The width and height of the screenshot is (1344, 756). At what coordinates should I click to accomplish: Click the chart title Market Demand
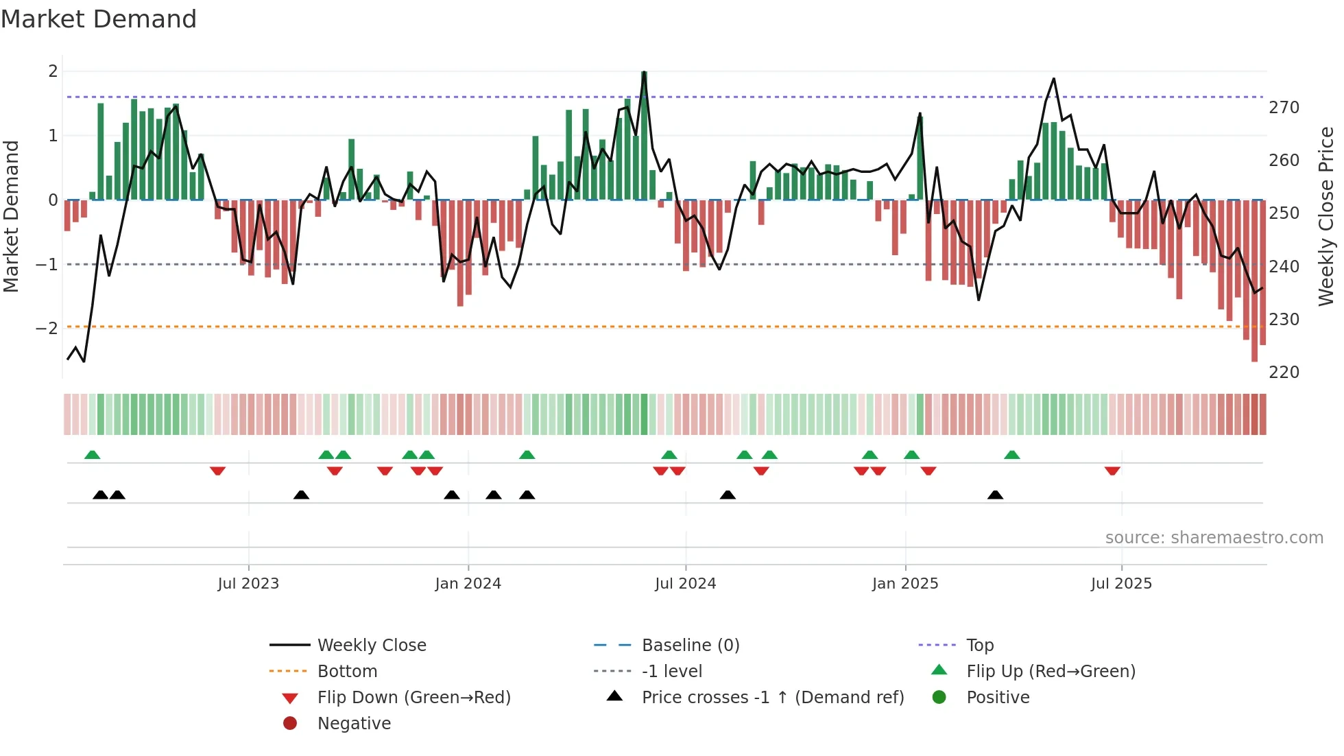coord(99,19)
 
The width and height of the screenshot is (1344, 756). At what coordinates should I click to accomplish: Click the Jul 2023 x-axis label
coord(248,584)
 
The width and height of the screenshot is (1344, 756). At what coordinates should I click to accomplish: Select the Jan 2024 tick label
coord(468,584)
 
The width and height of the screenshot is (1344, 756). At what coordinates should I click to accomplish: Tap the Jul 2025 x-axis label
coord(1121,584)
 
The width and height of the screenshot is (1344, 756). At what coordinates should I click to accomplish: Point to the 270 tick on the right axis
coord(1284,108)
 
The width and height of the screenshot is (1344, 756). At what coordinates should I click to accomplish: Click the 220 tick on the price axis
coord(1284,373)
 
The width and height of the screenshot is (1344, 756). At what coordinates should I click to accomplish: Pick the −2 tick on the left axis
coord(47,329)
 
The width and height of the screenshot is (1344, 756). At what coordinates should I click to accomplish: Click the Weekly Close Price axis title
coord(1326,216)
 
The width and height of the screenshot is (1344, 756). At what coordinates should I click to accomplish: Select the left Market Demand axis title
coord(11,216)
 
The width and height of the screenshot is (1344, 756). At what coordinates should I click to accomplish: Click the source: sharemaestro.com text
coord(1214,538)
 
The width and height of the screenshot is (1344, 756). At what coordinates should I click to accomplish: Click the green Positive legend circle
coord(939,698)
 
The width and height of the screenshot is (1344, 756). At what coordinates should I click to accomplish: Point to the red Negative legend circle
coord(290,724)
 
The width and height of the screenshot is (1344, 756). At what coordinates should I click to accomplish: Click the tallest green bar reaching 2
coord(644,137)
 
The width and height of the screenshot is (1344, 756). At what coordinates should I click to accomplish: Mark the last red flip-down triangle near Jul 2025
coord(1112,471)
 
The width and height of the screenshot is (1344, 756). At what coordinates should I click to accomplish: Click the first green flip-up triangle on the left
coord(92,455)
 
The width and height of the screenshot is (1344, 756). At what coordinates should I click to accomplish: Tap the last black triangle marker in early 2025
coord(995,495)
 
